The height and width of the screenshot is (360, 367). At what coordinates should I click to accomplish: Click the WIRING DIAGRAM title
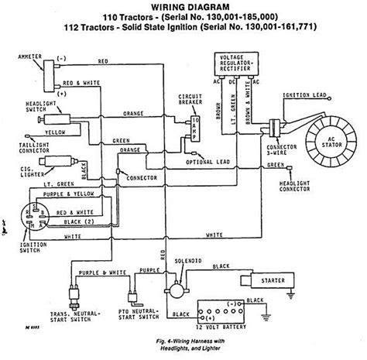click(183, 6)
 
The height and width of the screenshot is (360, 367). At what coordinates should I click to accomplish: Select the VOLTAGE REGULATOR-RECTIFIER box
click(235, 62)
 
